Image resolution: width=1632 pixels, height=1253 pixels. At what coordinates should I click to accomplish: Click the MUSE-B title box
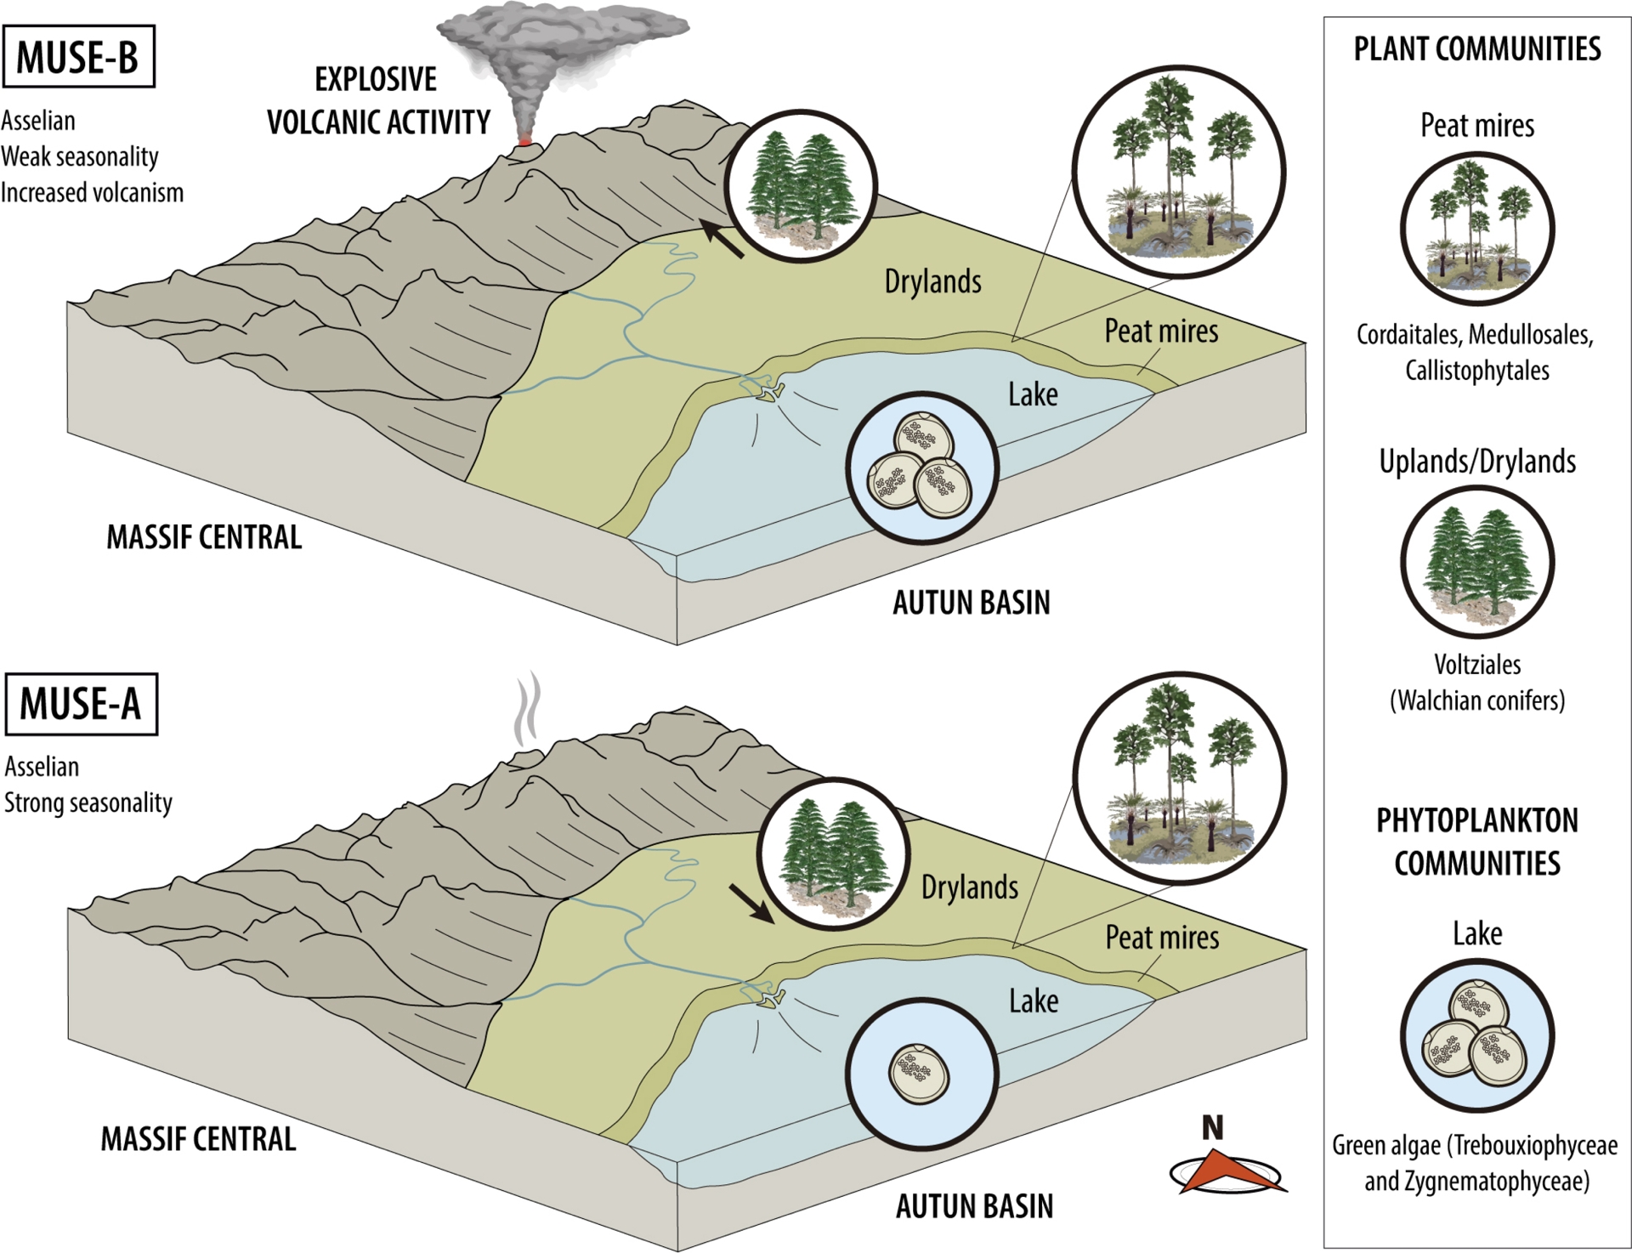click(78, 57)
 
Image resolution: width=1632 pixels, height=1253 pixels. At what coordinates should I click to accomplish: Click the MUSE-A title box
click(81, 704)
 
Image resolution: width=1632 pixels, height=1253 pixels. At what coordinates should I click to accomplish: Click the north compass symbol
click(1226, 1172)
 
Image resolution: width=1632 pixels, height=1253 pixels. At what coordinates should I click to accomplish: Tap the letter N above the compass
click(1213, 1127)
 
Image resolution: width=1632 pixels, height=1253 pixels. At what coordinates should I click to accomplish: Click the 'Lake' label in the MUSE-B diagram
click(1033, 394)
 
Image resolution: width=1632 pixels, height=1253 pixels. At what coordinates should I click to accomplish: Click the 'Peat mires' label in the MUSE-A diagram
click(1162, 937)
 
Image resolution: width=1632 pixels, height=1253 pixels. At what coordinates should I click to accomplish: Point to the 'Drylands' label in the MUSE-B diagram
click(932, 281)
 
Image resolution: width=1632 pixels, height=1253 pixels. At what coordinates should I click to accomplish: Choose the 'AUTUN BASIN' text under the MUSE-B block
click(972, 603)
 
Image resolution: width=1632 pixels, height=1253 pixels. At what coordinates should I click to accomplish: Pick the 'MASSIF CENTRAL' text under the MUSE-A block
click(198, 1139)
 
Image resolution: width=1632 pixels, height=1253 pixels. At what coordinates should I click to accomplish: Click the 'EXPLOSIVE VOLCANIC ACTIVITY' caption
click(378, 101)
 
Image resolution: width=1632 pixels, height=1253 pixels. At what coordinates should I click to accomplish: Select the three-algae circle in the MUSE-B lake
click(922, 468)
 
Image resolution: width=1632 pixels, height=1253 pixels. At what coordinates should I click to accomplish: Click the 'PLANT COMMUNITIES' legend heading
click(1477, 49)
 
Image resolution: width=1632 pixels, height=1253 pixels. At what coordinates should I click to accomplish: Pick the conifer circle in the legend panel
click(1477, 562)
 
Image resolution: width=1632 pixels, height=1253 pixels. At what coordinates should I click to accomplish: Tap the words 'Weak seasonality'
click(80, 156)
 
